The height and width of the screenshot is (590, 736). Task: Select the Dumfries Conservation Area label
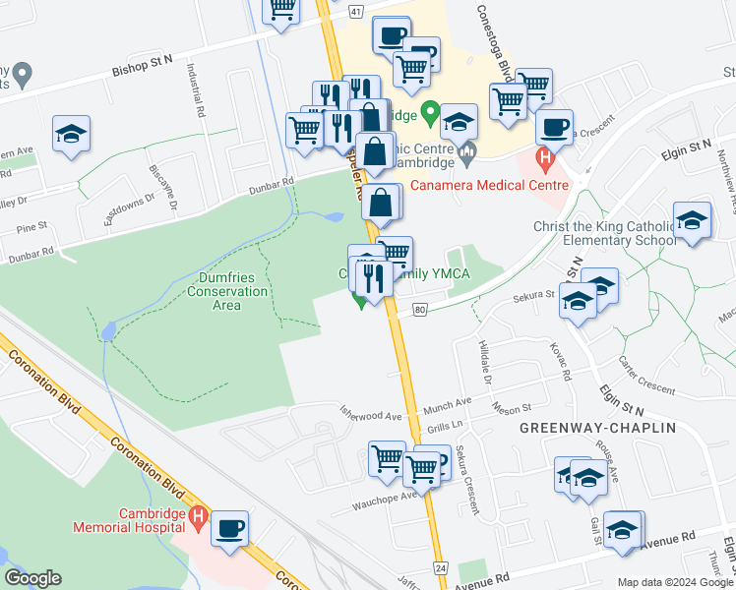pos(227,291)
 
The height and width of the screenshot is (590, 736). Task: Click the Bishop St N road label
pos(142,60)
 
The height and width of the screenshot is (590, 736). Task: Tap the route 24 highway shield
pos(440,567)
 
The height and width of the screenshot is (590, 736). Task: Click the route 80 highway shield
pos(420,310)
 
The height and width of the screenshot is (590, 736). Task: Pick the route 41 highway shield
pos(354,11)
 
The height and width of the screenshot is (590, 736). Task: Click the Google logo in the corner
pos(32,578)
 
